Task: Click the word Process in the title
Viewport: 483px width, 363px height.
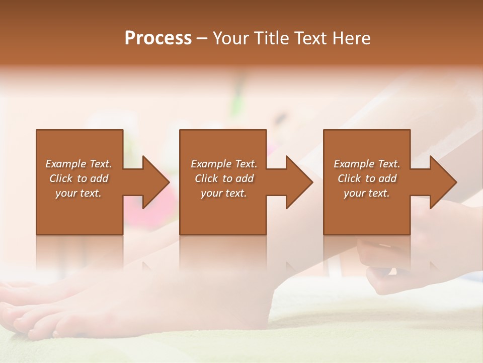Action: pos(158,38)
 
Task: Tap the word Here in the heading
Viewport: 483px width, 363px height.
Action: pos(351,38)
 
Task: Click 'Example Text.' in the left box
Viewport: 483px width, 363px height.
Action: pos(78,164)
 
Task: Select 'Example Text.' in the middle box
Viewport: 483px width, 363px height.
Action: pos(224,164)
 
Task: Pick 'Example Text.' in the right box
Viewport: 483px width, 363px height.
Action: pos(367,164)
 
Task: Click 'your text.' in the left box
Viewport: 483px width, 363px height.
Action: pos(78,193)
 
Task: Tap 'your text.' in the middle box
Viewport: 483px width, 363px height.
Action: pos(224,193)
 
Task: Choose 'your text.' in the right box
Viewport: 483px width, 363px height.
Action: pos(367,193)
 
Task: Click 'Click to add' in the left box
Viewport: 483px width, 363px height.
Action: pos(78,178)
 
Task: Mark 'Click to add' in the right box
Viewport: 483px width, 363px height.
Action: pos(367,178)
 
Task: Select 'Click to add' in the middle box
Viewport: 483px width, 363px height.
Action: pos(224,178)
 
